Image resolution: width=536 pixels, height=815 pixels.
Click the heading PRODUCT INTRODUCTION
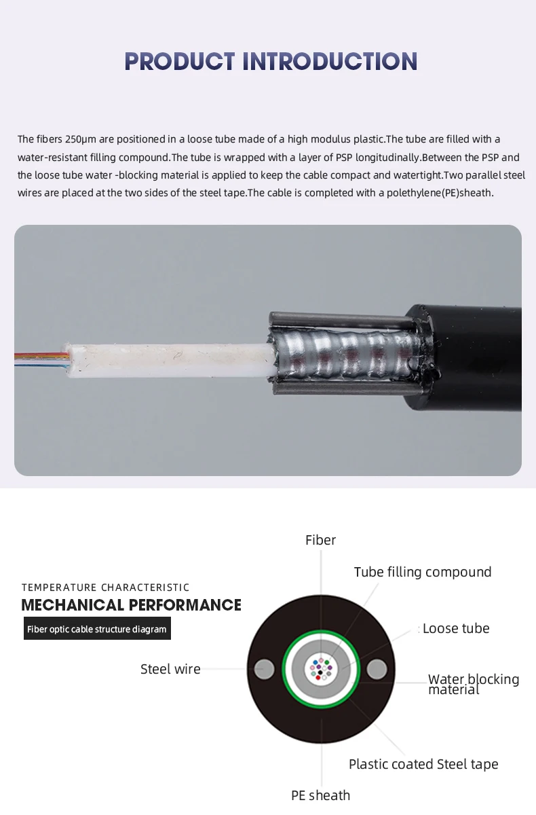(x=271, y=61)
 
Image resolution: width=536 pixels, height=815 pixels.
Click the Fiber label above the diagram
(x=320, y=541)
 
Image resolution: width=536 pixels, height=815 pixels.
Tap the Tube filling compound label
(x=422, y=572)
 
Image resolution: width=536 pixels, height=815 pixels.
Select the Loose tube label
(x=455, y=628)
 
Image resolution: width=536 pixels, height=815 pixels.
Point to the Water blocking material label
(x=473, y=684)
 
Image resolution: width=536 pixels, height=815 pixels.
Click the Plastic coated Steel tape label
(x=423, y=764)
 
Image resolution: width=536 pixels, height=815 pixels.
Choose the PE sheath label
(x=320, y=795)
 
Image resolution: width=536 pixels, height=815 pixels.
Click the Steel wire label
(x=170, y=669)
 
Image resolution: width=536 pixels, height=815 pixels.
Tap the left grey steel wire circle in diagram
(x=265, y=669)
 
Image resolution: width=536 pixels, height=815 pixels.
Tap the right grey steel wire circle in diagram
(x=377, y=670)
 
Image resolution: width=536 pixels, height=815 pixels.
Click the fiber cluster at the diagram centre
(x=320, y=669)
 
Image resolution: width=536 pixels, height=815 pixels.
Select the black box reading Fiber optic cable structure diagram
(x=97, y=629)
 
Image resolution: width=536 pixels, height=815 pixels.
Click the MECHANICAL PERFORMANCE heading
(x=131, y=605)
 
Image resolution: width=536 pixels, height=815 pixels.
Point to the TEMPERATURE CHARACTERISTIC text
(x=105, y=587)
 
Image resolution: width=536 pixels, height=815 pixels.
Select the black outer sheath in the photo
(x=475, y=360)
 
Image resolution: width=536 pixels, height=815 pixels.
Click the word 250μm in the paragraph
(x=81, y=139)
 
